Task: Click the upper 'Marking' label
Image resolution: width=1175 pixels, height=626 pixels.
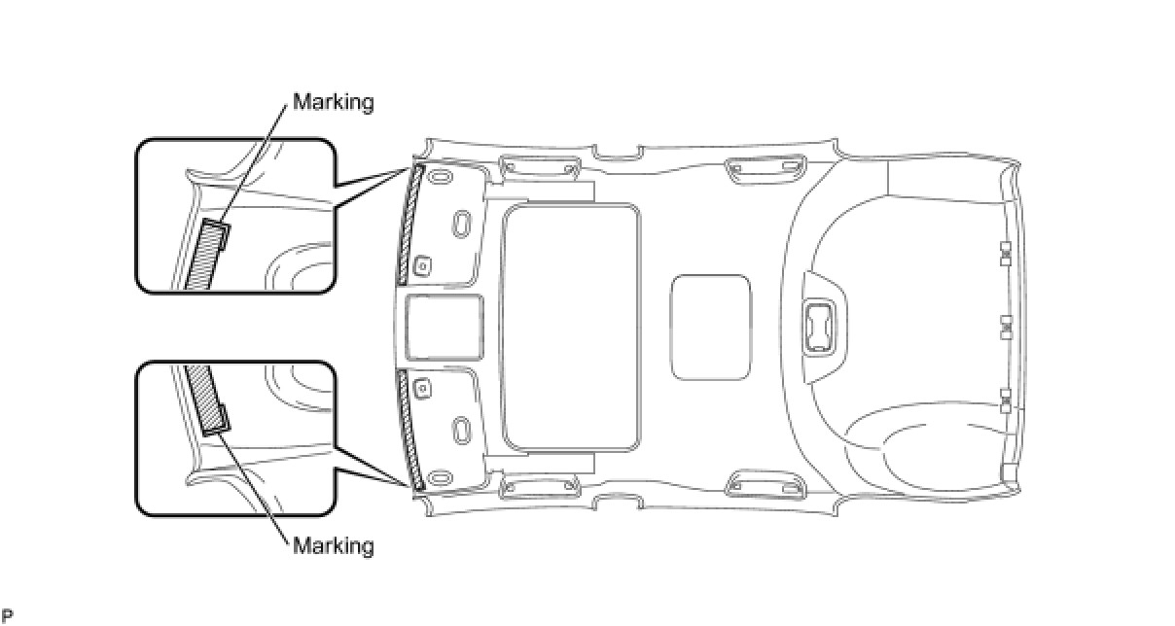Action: pyautogui.click(x=333, y=102)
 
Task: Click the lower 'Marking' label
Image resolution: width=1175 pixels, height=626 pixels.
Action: pyautogui.click(x=333, y=545)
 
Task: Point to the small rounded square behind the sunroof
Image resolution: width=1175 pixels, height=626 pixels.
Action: pyautogui.click(x=711, y=327)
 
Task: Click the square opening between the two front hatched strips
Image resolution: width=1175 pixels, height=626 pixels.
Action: pyautogui.click(x=444, y=328)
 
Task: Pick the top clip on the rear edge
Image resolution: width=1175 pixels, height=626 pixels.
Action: pyautogui.click(x=1006, y=254)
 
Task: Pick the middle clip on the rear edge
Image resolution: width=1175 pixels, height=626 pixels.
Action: pyautogui.click(x=1006, y=328)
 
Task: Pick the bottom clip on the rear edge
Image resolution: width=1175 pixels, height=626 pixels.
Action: pyautogui.click(x=1006, y=400)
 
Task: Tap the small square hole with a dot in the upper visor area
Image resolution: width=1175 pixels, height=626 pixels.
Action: pyautogui.click(x=424, y=264)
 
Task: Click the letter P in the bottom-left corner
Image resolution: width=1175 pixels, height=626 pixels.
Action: pyautogui.click(x=6, y=614)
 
